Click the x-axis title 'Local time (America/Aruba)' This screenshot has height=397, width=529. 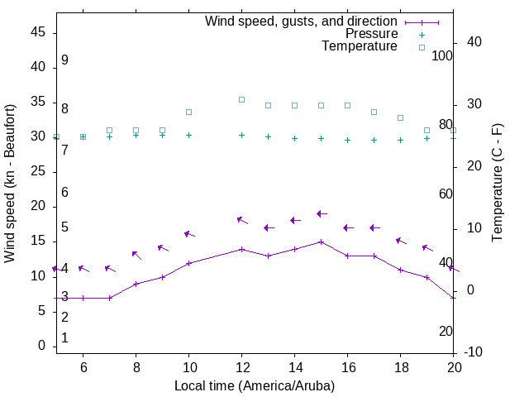[255, 385]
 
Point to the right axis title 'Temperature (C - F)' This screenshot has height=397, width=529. [497, 184]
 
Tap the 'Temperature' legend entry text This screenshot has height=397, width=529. [360, 46]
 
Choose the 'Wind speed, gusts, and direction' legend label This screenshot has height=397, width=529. [302, 22]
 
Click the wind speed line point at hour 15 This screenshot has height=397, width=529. [322, 242]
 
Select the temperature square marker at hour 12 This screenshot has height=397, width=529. [242, 99]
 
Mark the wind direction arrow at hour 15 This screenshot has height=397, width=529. [322, 213]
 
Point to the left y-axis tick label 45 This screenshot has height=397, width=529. [37, 33]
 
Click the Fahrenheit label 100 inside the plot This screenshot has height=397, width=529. [442, 56]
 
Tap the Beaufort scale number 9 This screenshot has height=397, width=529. [64, 60]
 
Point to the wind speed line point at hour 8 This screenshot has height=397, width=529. [136, 284]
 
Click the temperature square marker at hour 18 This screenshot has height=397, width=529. [401, 117]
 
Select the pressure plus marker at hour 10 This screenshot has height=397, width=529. [189, 135]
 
